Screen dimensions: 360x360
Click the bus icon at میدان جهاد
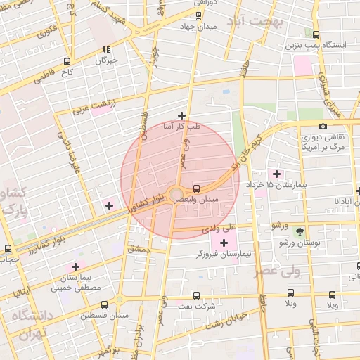point(199,15)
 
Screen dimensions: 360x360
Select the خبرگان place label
point(105,60)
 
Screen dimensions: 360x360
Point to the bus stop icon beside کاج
point(67,61)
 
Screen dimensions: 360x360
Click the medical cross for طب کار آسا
point(181,115)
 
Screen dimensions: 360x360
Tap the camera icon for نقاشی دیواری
point(323,126)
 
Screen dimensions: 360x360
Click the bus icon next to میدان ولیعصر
point(196,188)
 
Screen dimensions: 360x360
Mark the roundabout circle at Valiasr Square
point(176,193)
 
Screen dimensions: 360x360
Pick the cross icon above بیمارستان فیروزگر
point(224,243)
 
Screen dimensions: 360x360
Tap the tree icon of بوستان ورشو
point(300,231)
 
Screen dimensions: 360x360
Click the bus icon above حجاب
point(8,248)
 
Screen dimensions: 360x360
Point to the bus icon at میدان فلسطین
point(104,304)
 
